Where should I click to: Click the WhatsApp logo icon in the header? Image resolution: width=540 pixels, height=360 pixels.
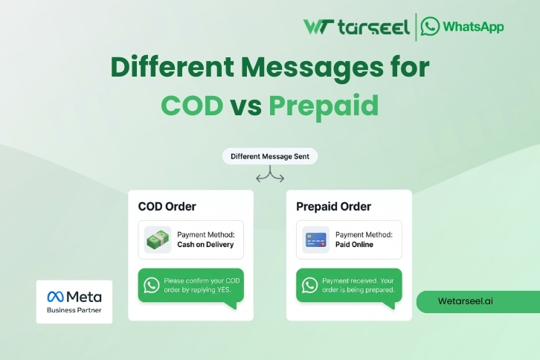coord(430,26)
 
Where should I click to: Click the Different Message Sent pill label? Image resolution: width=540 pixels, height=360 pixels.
coord(270,157)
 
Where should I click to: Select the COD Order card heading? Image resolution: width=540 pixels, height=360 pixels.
coord(167,206)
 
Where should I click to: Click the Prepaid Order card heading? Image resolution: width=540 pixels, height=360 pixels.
coord(333,206)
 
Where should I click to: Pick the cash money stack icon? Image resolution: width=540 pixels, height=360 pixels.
coord(158,240)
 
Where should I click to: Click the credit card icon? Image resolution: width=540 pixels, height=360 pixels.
coord(316,240)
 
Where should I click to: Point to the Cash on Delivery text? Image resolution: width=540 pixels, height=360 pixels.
coord(205,245)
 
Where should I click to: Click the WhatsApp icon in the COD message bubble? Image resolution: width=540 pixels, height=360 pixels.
coord(152,285)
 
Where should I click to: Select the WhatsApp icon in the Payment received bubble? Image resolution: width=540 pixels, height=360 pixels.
coord(309,285)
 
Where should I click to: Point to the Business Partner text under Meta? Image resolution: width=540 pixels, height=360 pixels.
coord(74,310)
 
